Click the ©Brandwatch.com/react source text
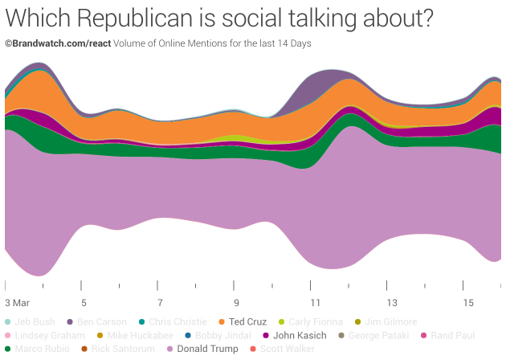coord(58,43)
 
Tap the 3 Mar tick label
coord(17,303)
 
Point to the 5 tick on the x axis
coord(84,303)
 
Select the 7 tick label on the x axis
coord(160,303)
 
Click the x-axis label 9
coord(235,303)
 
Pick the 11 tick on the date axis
coord(313,303)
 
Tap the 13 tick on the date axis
coord(390,303)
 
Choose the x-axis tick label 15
coord(467,303)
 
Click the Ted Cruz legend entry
coord(247,321)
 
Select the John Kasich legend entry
coord(300,335)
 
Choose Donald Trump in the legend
coord(207,349)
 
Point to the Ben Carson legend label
coord(101,321)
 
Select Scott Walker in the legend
coord(286,349)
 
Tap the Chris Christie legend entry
coord(177,321)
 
